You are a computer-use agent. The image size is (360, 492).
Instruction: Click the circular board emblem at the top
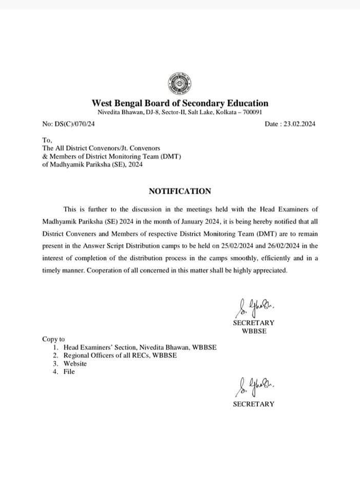tap(179, 81)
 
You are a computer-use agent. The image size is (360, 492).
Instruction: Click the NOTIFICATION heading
tap(179, 191)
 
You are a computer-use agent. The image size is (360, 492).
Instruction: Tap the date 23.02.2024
tap(302, 124)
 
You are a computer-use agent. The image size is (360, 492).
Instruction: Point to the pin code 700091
tap(252, 112)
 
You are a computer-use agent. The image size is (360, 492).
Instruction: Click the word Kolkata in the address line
tap(224, 112)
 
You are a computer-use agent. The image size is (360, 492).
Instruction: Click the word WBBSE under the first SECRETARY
tap(253, 331)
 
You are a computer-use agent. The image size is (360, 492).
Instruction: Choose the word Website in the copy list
tap(75, 363)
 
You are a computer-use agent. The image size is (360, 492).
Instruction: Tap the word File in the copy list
tap(69, 372)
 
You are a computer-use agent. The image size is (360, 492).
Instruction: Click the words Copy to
tap(53, 339)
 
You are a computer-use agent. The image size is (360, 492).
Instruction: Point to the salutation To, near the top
tap(47, 140)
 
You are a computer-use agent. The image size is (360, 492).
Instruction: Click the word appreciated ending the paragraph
tap(271, 271)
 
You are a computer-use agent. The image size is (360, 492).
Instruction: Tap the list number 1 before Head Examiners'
tap(55, 347)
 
